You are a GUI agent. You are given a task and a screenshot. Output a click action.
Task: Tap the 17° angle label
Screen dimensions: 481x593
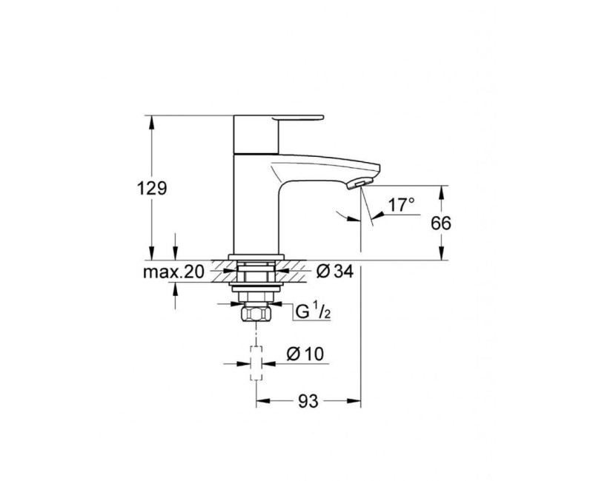tap(402, 205)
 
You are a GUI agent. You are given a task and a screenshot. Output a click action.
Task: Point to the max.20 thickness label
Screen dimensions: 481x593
tap(173, 272)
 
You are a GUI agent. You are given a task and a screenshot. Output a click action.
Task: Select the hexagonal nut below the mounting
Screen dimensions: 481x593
tap(256, 314)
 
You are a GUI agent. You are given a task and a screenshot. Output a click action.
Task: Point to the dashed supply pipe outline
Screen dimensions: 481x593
tap(256, 362)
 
